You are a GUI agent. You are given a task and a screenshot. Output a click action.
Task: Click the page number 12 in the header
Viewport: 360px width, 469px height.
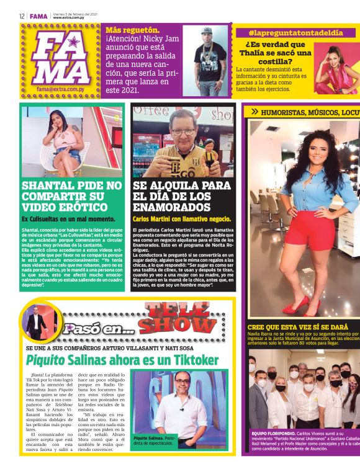[22, 16]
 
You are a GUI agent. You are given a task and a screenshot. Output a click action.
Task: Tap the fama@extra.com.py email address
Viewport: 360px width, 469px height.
[61, 89]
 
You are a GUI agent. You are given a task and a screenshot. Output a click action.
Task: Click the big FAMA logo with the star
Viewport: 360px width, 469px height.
[61, 57]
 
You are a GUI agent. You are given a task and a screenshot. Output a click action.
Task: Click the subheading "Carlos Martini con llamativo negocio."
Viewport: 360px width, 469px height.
[181, 219]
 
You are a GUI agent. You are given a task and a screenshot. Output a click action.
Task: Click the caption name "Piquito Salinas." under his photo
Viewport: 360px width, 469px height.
[147, 438]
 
